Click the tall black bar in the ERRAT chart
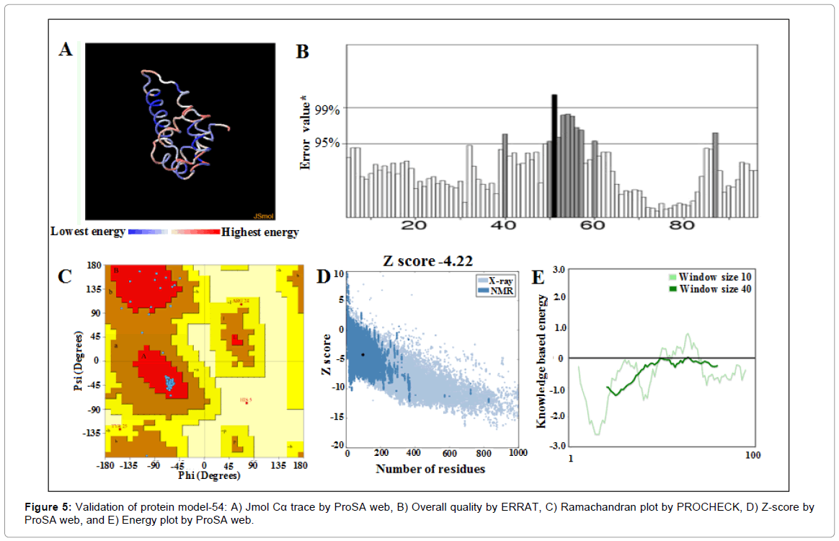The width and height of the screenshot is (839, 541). (x=554, y=155)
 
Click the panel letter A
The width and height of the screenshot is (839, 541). (x=66, y=50)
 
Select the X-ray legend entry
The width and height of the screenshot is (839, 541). (x=497, y=280)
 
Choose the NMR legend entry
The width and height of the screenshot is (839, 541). (x=497, y=291)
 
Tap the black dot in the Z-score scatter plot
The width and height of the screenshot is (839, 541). (x=363, y=354)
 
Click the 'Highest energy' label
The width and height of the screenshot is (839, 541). (x=260, y=232)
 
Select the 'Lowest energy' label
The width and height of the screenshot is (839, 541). (x=87, y=232)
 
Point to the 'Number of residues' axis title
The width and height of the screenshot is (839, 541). (x=430, y=470)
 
